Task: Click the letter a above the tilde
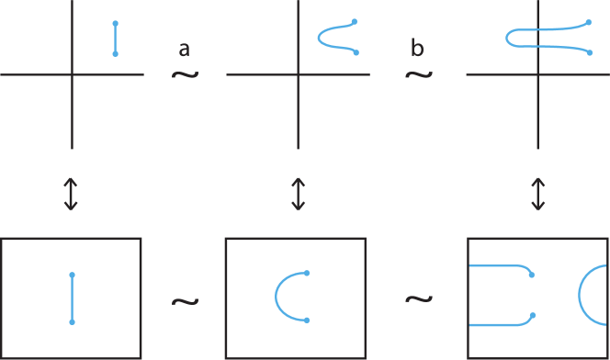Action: tap(185, 51)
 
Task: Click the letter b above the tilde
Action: tap(418, 51)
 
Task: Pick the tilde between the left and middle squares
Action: tap(185, 300)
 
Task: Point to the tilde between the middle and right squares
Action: tap(418, 300)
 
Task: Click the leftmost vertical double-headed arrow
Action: tap(72, 195)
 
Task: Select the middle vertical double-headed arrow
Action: tap(298, 195)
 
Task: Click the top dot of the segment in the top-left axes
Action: tap(115, 23)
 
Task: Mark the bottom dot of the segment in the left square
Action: tap(72, 323)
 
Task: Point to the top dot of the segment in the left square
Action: tap(72, 275)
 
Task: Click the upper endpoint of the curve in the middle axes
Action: tap(355, 21)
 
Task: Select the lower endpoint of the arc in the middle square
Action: tap(307, 321)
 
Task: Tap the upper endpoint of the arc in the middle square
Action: tap(307, 274)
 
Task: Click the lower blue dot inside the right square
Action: tap(533, 316)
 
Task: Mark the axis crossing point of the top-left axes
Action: tap(73, 75)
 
